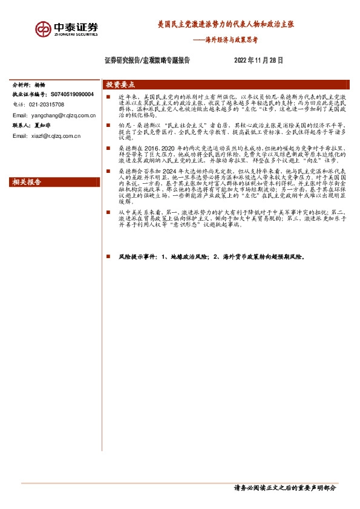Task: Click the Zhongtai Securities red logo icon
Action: (43, 28)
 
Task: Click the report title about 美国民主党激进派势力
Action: (226, 26)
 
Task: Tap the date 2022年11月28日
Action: (258, 60)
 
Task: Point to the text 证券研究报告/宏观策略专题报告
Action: (147, 60)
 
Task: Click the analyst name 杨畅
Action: (40, 85)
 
